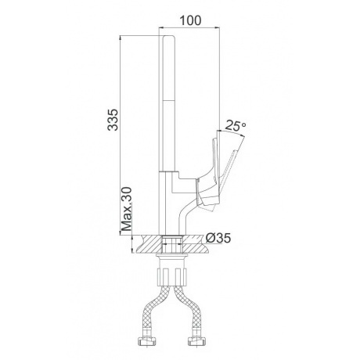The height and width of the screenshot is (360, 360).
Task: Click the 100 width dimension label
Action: (190, 20)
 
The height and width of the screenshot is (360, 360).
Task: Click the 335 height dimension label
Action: (113, 120)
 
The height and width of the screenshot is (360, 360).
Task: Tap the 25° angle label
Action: (235, 125)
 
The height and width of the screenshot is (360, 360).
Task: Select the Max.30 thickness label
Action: (128, 210)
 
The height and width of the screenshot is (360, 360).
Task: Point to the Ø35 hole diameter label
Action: (218, 238)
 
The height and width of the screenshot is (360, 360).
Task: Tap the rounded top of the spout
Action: (168, 38)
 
